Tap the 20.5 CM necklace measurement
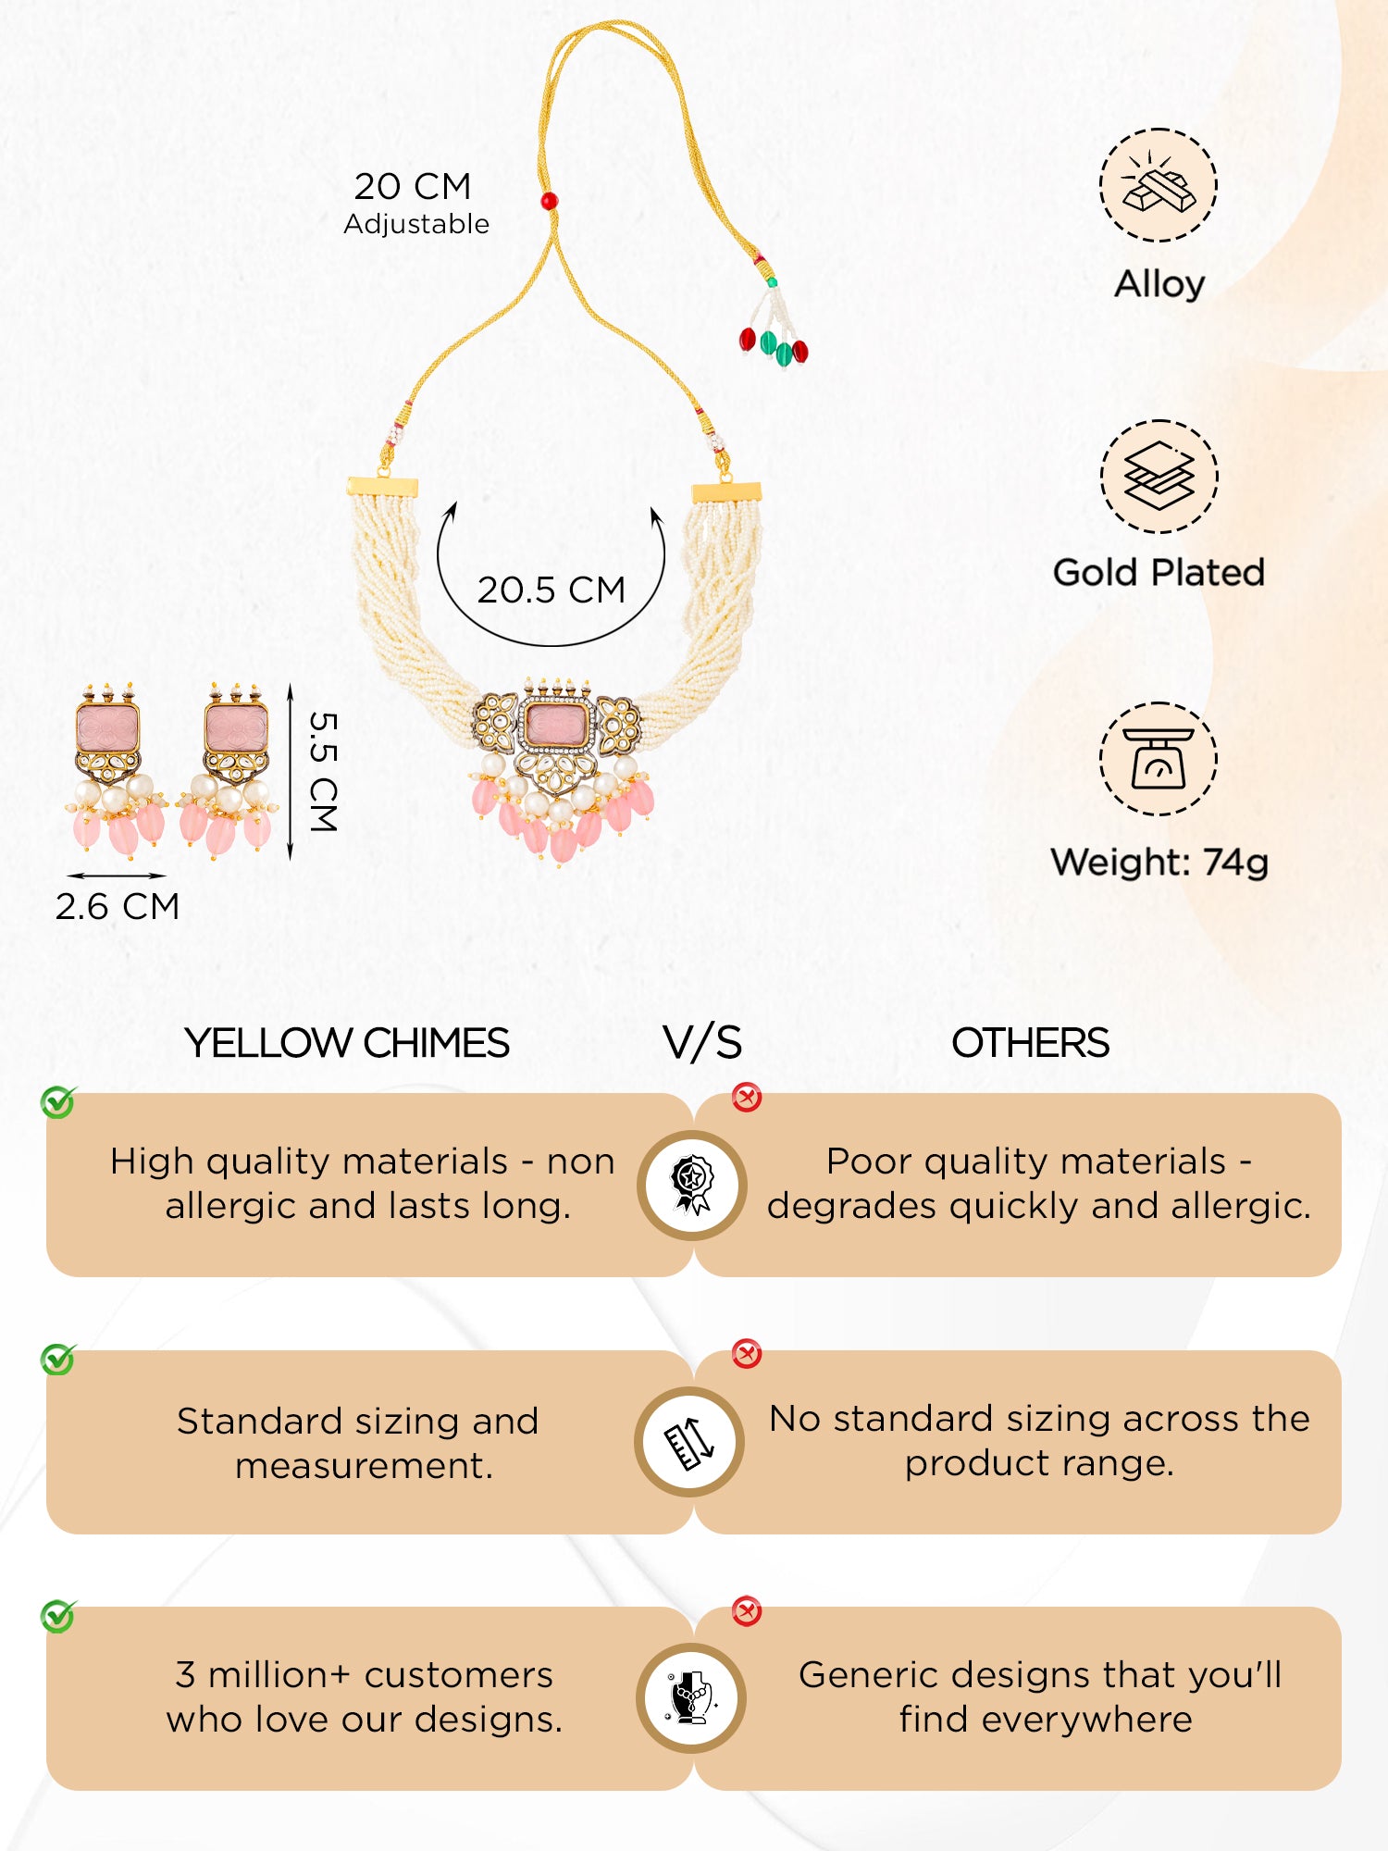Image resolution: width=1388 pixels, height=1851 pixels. (x=551, y=590)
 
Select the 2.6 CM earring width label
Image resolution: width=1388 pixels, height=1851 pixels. (x=118, y=906)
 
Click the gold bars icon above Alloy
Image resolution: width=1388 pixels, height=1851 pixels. (x=1159, y=185)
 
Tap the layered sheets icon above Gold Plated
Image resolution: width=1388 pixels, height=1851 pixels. (x=1159, y=477)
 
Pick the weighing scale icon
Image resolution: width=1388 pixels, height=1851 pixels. (x=1159, y=759)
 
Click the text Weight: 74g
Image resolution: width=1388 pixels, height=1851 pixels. (x=1159, y=863)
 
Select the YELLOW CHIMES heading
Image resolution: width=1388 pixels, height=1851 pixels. (x=347, y=1043)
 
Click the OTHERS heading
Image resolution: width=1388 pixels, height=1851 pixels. (x=1030, y=1043)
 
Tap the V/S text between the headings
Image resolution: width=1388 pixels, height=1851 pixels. (x=702, y=1043)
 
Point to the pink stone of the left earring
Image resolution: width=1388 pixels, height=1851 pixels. (x=108, y=728)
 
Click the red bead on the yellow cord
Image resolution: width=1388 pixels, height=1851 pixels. (x=549, y=200)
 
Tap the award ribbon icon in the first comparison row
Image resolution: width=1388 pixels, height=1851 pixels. (x=692, y=1185)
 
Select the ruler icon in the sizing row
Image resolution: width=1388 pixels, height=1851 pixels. (x=690, y=1442)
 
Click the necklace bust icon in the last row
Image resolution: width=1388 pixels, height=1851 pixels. (x=692, y=1698)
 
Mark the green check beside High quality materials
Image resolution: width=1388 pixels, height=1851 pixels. (x=58, y=1102)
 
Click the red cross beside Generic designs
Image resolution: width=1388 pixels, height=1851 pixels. (x=746, y=1611)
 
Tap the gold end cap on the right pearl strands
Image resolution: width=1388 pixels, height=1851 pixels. (x=727, y=492)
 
